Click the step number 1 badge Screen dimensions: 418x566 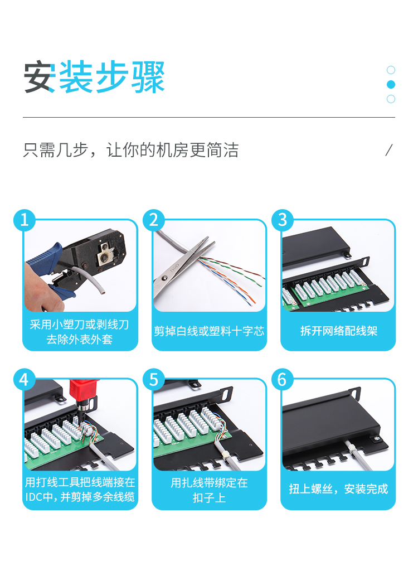click(x=25, y=220)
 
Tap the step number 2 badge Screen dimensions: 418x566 click(x=154, y=220)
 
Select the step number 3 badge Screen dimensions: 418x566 click(x=283, y=220)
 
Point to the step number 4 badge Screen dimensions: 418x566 click(x=25, y=379)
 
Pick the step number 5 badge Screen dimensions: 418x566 click(x=154, y=379)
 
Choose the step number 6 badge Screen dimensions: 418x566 click(x=283, y=379)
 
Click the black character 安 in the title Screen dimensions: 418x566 click(x=40, y=77)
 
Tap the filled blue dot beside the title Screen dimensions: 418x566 click(x=391, y=84)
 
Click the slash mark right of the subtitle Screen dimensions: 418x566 click(x=389, y=150)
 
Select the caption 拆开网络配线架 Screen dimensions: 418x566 click(x=339, y=331)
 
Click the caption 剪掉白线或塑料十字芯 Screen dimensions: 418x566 click(x=209, y=331)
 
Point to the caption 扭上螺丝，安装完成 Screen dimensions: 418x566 click(x=338, y=489)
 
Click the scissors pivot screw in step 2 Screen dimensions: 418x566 click(x=165, y=277)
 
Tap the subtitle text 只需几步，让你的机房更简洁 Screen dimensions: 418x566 click(x=130, y=150)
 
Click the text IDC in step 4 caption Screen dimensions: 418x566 click(x=33, y=497)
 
